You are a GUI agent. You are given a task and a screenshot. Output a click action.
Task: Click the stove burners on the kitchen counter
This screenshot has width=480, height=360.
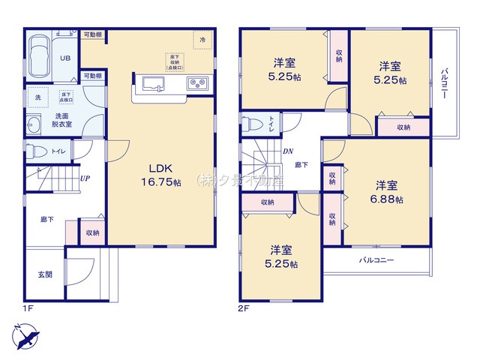pos(197,82)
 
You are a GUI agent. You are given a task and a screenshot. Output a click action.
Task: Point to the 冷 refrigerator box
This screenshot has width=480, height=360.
pos(202,38)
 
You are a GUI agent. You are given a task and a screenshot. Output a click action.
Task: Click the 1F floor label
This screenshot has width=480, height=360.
pos(28,308)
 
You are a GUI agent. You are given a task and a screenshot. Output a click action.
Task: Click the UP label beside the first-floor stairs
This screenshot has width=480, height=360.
pos(85,178)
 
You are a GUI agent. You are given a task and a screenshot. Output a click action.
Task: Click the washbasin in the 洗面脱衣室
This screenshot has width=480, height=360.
pos(34,124)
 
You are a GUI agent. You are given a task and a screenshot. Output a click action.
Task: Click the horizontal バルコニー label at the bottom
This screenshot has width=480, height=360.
pos(376,261)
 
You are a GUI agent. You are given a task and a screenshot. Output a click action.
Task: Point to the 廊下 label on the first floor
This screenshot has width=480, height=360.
pos(46,220)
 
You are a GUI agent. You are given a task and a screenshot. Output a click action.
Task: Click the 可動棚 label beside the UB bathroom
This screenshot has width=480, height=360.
pos(93,34)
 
